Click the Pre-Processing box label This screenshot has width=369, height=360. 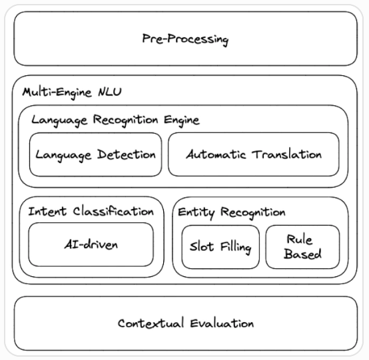[185, 39]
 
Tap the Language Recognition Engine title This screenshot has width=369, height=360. [115, 120]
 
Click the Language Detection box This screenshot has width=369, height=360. [95, 154]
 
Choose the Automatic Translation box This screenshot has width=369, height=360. [253, 154]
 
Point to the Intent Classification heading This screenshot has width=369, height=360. [91, 211]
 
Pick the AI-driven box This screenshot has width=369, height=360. [91, 244]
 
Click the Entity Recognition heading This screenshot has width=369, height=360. [231, 212]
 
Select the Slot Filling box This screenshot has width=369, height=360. [220, 248]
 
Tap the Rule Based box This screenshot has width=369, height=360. [303, 246]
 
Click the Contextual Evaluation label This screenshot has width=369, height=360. [185, 323]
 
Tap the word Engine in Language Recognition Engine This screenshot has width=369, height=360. [181, 120]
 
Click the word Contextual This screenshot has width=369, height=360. [150, 323]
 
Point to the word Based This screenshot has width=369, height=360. [303, 254]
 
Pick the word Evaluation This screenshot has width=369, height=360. [220, 323]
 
